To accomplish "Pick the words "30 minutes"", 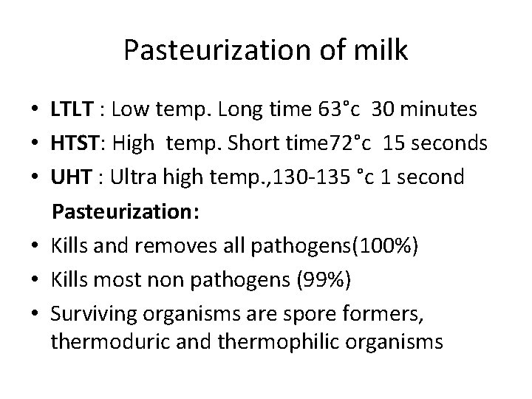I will pos(425,110).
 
